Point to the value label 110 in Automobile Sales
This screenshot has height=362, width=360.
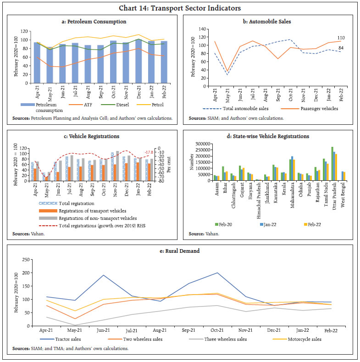point(341,38)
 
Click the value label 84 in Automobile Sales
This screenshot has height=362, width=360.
point(341,48)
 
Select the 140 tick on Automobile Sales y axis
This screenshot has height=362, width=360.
point(202,28)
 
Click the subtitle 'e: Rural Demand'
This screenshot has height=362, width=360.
point(180,251)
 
